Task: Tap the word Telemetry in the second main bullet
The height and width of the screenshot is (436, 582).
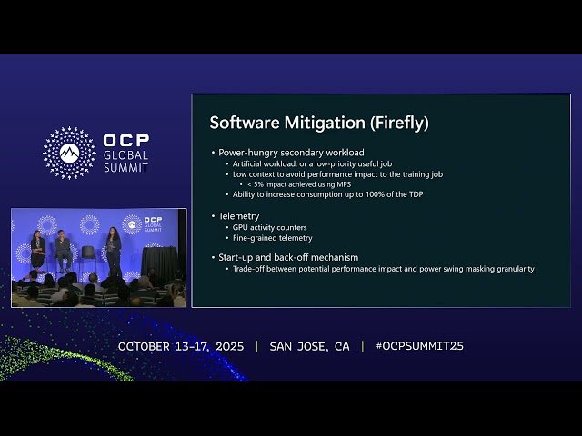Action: coord(238,216)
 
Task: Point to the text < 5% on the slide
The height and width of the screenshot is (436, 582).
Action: coord(257,183)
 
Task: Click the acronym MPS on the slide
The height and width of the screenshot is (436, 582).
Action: coord(343,183)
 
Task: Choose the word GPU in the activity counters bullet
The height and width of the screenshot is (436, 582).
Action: coord(240,227)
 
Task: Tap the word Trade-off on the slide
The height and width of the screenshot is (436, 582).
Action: coord(252,269)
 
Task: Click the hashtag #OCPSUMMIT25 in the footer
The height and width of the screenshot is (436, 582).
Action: coord(419,346)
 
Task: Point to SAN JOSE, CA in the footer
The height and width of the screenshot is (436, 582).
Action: coord(309,346)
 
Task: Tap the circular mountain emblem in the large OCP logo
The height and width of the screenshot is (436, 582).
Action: coord(69,153)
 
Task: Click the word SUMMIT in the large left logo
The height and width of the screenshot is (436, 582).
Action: coord(125,167)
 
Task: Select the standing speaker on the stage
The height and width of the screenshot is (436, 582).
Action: coord(115,251)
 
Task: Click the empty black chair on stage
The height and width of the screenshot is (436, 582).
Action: coord(88,255)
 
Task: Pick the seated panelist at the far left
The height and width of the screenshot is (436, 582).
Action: coord(38,250)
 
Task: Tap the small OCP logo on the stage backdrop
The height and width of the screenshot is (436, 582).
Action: coord(132,223)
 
